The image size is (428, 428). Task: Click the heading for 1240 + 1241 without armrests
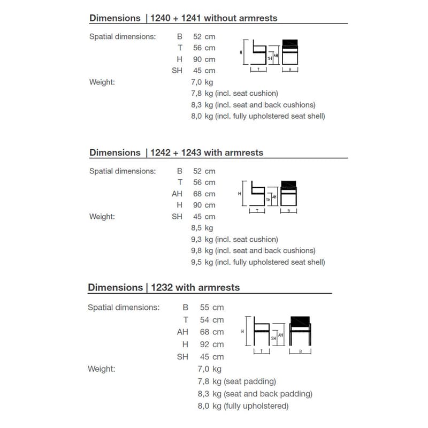coord(184,18)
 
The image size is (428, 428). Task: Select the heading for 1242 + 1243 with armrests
coord(177,152)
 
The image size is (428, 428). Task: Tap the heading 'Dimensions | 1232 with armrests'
coord(164,287)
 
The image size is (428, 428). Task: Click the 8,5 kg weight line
coord(202,228)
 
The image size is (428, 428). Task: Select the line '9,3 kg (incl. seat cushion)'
coord(234,239)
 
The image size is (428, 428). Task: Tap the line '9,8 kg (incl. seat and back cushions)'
coord(253,250)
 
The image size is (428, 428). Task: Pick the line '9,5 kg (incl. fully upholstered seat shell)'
coord(258,262)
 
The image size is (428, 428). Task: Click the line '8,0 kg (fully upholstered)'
coord(243,406)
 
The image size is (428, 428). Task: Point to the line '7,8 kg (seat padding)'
coord(237,381)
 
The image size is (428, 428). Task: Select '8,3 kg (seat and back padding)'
coord(255,394)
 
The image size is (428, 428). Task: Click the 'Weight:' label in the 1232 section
coord(101,369)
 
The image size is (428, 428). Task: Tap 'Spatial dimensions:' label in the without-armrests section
coord(123,37)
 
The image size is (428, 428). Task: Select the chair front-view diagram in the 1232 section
coord(300,332)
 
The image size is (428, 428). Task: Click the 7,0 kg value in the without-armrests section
coord(202,82)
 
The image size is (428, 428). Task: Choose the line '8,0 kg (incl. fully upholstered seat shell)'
coord(258,116)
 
